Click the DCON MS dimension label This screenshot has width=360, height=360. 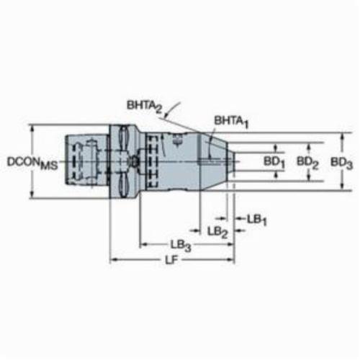[32, 163]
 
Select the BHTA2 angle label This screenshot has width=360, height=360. [144, 107]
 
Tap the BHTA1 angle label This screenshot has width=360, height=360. [231, 122]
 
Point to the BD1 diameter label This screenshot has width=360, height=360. [274, 163]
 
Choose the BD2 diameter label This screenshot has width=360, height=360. [307, 163]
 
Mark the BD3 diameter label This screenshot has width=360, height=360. [342, 163]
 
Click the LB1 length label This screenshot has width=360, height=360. [257, 220]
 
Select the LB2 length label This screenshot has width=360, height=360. [217, 233]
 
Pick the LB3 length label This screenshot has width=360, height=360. [181, 246]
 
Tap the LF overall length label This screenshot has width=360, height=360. [173, 259]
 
